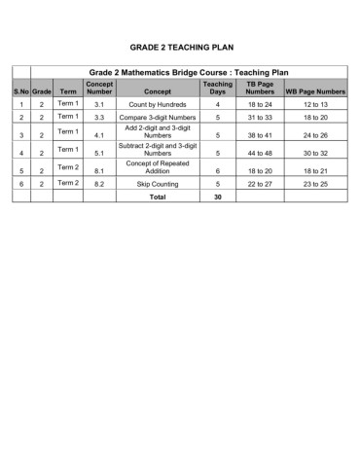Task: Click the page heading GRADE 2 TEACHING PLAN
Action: tap(181, 47)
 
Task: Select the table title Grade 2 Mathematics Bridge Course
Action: tap(189, 73)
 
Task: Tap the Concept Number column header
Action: tap(99, 88)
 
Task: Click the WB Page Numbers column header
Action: tap(315, 91)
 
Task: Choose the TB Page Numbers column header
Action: tap(260, 88)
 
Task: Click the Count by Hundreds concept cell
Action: tap(157, 103)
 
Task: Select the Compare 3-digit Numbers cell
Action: tap(157, 117)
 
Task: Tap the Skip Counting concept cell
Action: tap(157, 183)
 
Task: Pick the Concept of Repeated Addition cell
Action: tap(157, 166)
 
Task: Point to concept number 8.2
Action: tap(99, 183)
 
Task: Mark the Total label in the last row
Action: tap(157, 197)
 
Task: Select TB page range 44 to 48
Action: tap(260, 153)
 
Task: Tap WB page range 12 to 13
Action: tap(315, 103)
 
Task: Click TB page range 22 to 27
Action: tap(260, 183)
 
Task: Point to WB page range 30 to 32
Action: tap(315, 153)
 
